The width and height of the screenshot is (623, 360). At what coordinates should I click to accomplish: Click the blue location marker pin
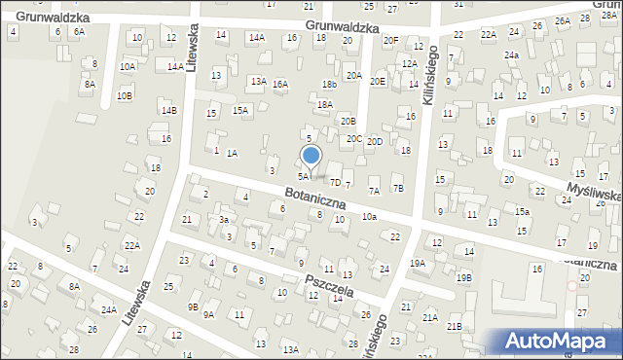click(311, 157)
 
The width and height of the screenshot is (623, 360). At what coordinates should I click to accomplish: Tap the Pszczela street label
click(327, 285)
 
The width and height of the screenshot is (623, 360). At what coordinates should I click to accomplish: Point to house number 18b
click(329, 85)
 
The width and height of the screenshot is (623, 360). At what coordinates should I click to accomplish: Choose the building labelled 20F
click(390, 40)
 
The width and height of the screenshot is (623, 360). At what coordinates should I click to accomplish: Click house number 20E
click(378, 82)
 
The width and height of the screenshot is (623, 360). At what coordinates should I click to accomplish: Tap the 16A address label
click(280, 85)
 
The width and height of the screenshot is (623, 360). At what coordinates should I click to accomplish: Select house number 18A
click(325, 104)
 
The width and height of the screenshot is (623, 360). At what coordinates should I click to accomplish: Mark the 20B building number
click(348, 122)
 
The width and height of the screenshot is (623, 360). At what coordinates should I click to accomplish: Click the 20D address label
click(375, 142)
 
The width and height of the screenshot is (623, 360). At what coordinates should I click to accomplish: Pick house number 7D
click(335, 182)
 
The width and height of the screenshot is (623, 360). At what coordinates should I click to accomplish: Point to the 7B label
click(397, 188)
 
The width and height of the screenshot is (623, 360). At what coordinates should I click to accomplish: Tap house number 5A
click(303, 176)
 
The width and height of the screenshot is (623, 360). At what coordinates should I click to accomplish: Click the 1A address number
click(232, 153)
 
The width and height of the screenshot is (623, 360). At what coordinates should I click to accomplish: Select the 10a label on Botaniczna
click(369, 216)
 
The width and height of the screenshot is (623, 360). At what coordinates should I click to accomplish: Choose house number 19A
click(418, 263)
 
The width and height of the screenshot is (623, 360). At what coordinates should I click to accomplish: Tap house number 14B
click(169, 111)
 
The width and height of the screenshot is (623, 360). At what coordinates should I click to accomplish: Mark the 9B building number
click(194, 306)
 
